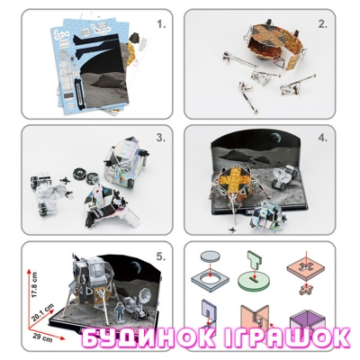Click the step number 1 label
[x=161, y=24]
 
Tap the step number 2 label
[x=323, y=24]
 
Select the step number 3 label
[x=161, y=138]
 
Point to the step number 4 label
[x=323, y=138]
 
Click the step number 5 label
[x=161, y=256]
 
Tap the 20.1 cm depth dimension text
[x=44, y=311]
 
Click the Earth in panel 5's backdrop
[x=136, y=265]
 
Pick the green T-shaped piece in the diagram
[x=255, y=261]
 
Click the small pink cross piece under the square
[x=306, y=290]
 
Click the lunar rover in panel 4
[x=283, y=177]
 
